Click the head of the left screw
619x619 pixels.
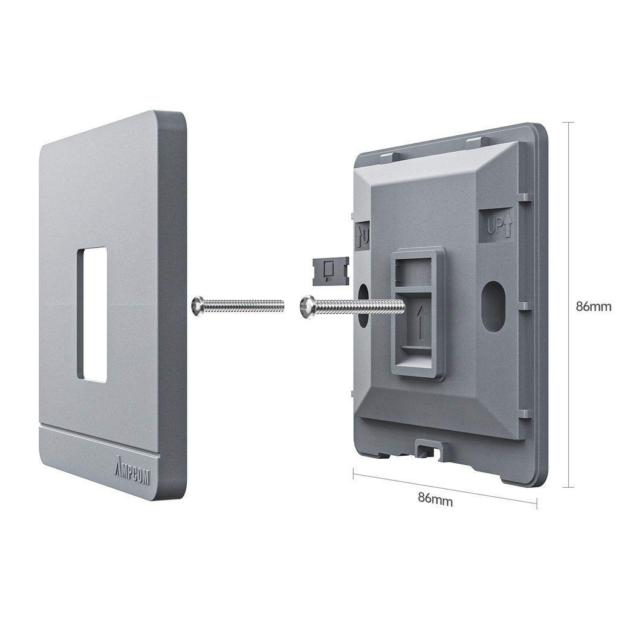click(x=197, y=306)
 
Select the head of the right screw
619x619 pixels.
click(x=308, y=307)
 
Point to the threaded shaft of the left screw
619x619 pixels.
click(x=245, y=305)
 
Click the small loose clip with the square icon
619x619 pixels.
click(x=330, y=270)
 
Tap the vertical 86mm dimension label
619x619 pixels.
click(x=593, y=306)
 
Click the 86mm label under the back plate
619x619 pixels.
click(x=435, y=500)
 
